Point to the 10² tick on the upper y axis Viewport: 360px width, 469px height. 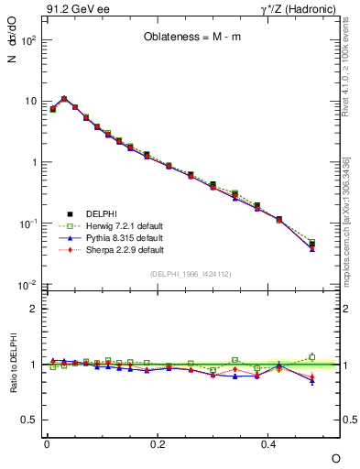tap(28, 40)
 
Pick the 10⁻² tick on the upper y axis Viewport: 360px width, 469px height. tap(28, 285)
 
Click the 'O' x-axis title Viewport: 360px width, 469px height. tap(335, 457)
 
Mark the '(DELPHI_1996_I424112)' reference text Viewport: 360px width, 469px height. tap(191, 274)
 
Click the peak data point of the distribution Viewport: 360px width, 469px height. tap(64, 99)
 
